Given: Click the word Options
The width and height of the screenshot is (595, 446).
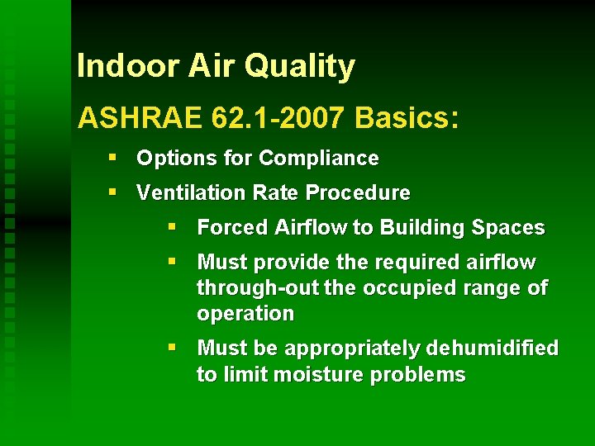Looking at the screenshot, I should [169, 159].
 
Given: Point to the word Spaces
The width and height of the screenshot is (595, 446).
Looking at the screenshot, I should [511, 228].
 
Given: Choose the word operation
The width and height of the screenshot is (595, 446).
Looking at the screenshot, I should [245, 314].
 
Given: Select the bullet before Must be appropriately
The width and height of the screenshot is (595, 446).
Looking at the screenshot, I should [172, 348].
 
